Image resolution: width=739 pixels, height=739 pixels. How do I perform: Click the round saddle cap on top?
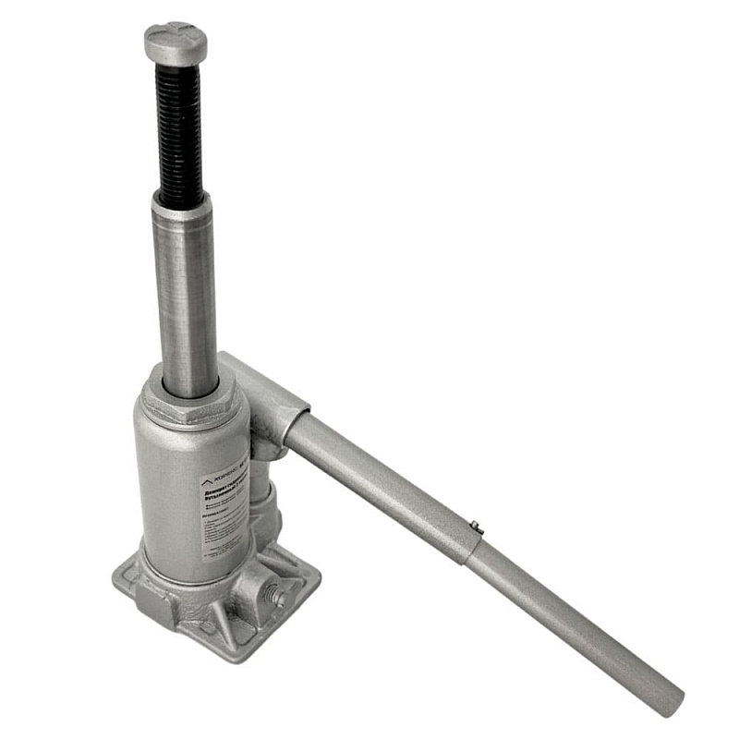point(176,42)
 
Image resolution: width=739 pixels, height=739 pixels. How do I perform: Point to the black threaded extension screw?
point(179,134)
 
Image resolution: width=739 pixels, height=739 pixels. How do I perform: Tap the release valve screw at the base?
point(274,595)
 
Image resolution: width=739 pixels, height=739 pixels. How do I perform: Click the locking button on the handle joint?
point(477,527)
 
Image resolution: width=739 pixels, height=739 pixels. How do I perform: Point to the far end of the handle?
point(672,699)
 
